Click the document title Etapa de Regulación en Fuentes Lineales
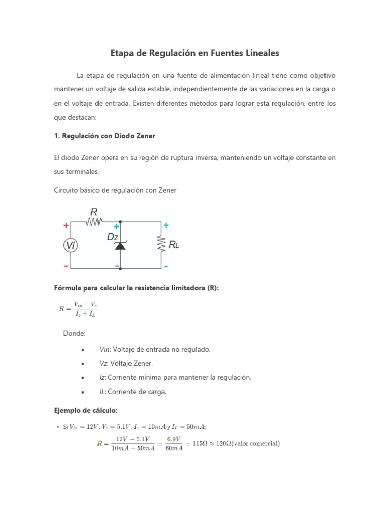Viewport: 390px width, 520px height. point(195,53)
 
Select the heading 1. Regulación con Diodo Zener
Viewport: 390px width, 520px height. point(105,136)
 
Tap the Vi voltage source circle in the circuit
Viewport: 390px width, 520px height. point(71,246)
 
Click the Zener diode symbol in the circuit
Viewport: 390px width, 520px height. point(120,245)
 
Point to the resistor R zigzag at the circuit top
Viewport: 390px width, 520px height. point(94,221)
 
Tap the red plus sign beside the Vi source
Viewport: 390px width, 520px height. point(66,226)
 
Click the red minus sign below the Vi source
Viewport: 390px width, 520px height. point(66,265)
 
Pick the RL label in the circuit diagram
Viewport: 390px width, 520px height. point(174,245)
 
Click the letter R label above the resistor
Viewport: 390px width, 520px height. point(94,211)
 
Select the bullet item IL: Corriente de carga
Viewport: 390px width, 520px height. point(133,392)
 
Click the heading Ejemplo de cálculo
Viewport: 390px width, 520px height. point(85,410)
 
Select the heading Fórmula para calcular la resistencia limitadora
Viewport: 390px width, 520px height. point(136,288)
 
